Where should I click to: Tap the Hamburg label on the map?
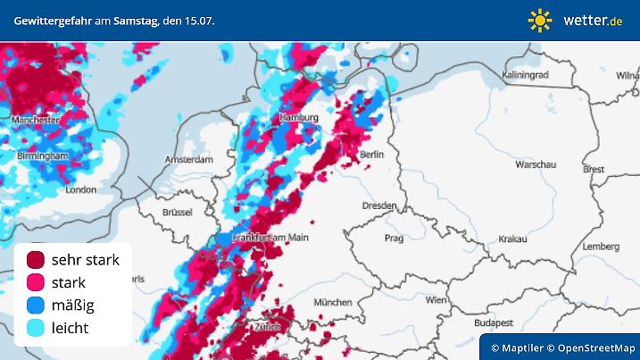tap(299, 118)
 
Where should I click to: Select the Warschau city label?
tap(536, 165)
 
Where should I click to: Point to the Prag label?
tap(394, 239)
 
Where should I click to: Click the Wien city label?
tap(436, 300)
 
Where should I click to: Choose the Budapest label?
tap(491, 322)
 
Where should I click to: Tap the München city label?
tap(332, 303)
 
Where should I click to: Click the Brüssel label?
tap(178, 213)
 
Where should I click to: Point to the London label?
tap(80, 189)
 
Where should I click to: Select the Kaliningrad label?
tap(527, 74)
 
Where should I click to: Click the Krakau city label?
tap(512, 239)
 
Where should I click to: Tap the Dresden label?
tap(378, 205)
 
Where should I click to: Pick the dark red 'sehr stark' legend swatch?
tap(36, 260)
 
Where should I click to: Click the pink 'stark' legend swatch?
tap(36, 282)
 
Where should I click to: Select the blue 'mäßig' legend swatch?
tap(36, 306)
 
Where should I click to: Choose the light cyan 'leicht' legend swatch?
tap(36, 328)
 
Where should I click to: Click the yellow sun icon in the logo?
tap(539, 20)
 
